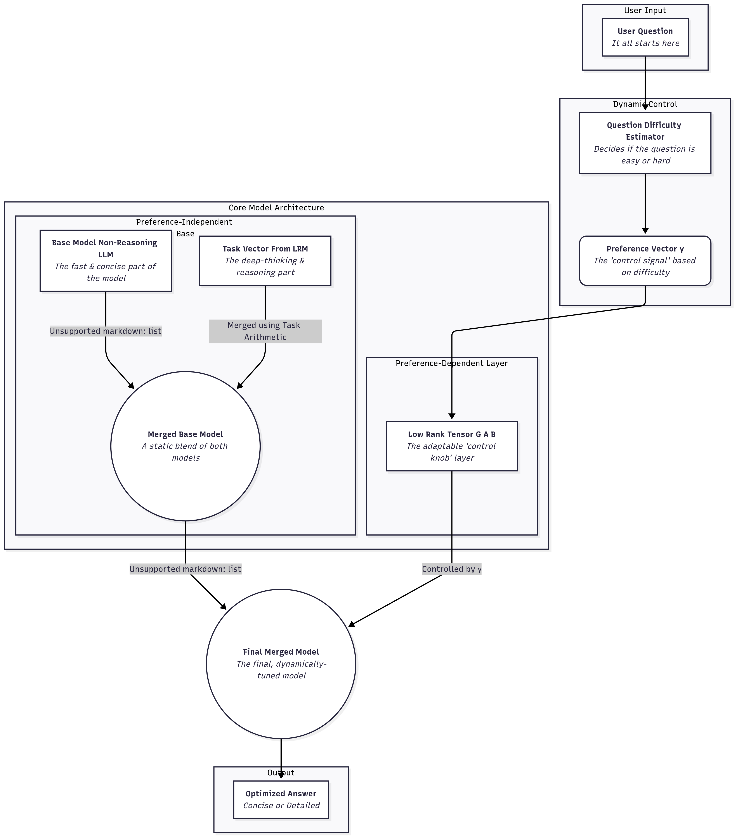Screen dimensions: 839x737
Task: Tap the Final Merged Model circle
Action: [281, 664]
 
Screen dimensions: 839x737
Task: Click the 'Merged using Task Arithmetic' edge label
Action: [265, 331]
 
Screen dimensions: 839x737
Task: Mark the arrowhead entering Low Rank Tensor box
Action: [452, 416]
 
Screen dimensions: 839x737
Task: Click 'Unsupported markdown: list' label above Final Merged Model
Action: [185, 569]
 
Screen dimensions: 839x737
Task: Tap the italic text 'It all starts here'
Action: [645, 43]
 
